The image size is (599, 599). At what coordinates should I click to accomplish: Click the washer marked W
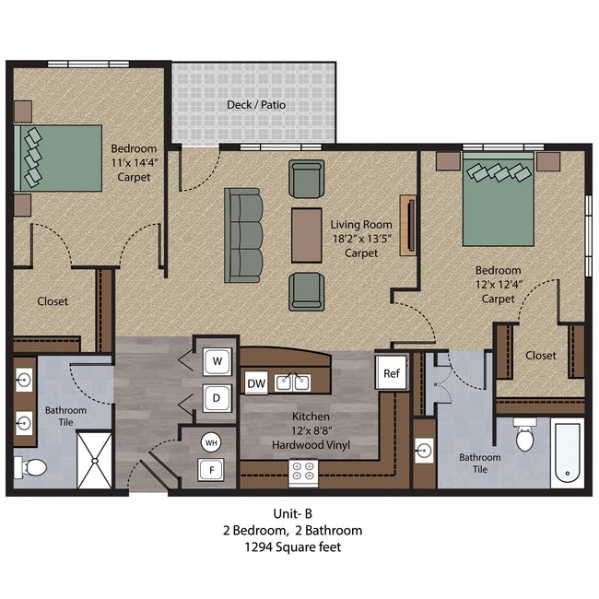click(217, 361)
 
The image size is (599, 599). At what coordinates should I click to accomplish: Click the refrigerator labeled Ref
click(391, 373)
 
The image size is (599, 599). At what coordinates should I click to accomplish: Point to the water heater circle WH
click(211, 441)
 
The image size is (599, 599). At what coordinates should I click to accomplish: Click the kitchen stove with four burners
click(305, 472)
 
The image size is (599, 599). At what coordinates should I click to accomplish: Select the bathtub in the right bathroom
click(567, 454)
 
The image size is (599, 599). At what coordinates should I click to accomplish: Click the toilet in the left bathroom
click(34, 467)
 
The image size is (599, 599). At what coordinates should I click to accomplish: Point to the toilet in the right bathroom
click(525, 437)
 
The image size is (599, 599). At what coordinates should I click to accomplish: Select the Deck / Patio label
click(256, 105)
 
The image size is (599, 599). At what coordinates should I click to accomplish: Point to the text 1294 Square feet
click(299, 547)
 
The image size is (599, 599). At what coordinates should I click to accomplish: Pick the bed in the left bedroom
click(57, 158)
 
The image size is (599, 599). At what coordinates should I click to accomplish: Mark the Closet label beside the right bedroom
click(540, 356)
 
